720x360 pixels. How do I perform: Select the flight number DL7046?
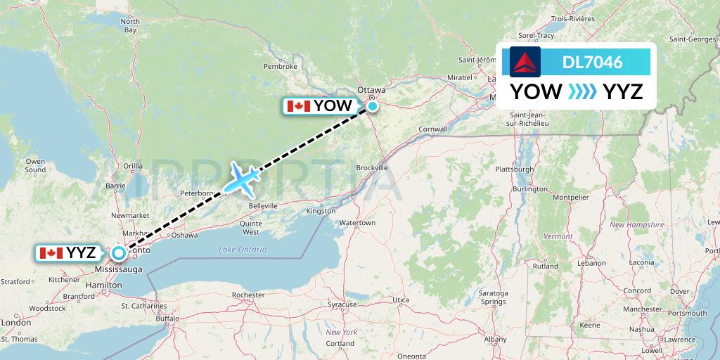tap(592, 62)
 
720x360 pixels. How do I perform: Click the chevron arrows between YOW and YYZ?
tap(582, 91)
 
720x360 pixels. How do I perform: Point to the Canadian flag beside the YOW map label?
tap(299, 106)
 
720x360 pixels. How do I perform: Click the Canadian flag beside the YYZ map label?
tap(51, 253)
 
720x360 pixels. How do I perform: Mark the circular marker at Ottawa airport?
tap(372, 106)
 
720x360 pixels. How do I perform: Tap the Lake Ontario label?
tap(243, 250)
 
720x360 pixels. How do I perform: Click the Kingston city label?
tap(321, 211)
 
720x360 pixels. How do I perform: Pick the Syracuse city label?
tap(342, 304)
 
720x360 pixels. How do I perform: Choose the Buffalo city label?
tap(167, 318)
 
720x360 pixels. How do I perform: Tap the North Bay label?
tap(130, 26)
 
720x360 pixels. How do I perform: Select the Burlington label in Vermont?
tap(530, 189)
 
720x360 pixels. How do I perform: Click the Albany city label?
tap(495, 339)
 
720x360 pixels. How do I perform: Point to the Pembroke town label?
tap(281, 66)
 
